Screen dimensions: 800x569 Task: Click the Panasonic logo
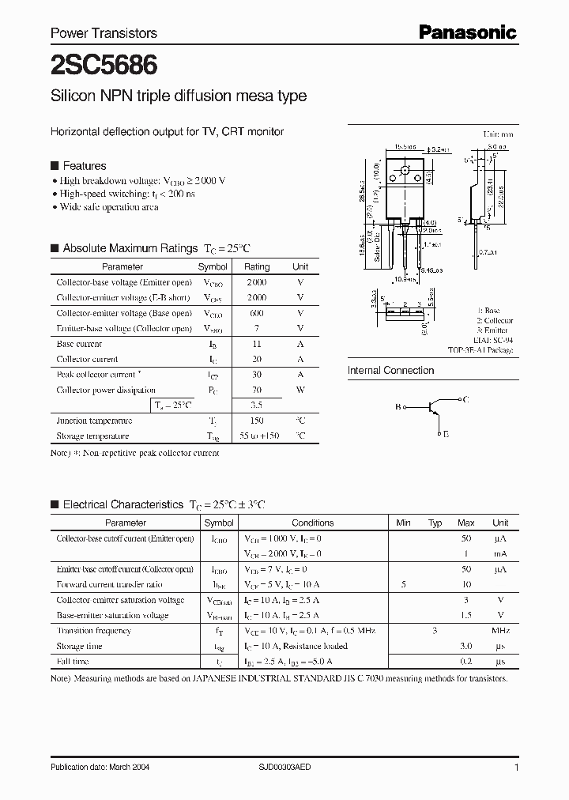pyautogui.click(x=467, y=32)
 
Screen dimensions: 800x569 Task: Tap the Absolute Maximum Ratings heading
pyautogui.click(x=130, y=248)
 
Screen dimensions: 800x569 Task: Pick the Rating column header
pyautogui.click(x=257, y=267)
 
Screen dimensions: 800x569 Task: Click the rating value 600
pyautogui.click(x=256, y=313)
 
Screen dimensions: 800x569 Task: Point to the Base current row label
pyautogui.click(x=79, y=344)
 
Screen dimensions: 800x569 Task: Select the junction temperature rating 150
pyautogui.click(x=256, y=421)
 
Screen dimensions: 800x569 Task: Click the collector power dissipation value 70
pyautogui.click(x=256, y=390)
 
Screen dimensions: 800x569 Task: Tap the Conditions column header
pyautogui.click(x=313, y=523)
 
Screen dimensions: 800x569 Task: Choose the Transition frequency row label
pyautogui.click(x=93, y=631)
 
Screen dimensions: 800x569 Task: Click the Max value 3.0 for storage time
pyautogui.click(x=466, y=646)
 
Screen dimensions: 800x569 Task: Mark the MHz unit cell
pyautogui.click(x=500, y=631)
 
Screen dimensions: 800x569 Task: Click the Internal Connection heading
pyautogui.click(x=390, y=371)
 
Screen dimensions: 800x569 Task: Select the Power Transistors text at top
pyautogui.click(x=104, y=33)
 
